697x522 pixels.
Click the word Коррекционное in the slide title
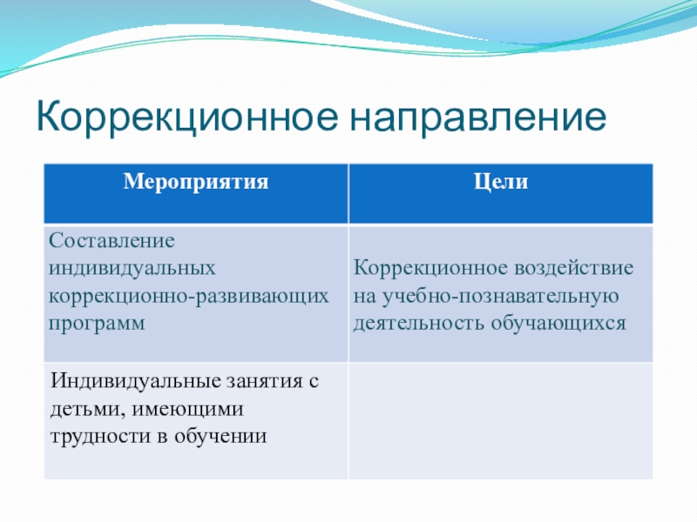coord(186,117)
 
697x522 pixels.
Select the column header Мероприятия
coord(196,182)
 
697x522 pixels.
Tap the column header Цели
coord(501,182)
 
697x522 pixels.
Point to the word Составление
coord(112,241)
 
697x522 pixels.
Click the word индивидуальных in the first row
coord(132,269)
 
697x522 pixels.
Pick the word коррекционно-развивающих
coord(188,296)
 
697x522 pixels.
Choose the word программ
coord(97,324)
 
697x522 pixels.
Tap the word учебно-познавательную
coord(500,296)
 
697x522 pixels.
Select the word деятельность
coord(419,323)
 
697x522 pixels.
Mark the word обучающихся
coord(558,323)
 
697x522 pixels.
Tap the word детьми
coord(88,409)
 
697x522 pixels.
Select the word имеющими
coord(188,409)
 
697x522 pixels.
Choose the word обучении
coord(221,436)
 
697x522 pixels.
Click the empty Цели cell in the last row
coord(501,421)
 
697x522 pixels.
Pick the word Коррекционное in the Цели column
coord(430,268)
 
